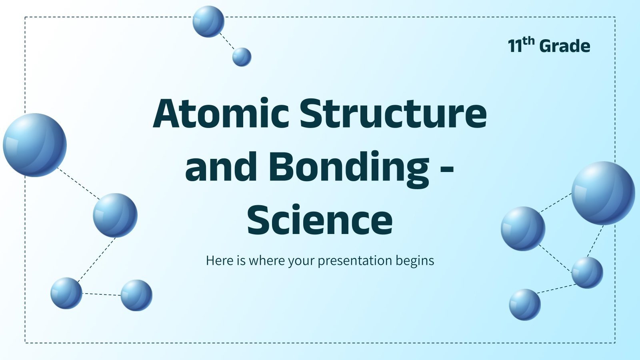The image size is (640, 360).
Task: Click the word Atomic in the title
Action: [x=221, y=114]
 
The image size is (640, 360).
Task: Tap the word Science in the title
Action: [x=320, y=220]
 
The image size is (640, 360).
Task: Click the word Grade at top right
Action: [x=564, y=46]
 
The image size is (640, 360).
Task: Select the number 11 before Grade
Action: [x=515, y=46]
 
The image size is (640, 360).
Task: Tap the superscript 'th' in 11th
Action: [x=528, y=41]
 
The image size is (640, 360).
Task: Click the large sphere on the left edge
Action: [x=35, y=145]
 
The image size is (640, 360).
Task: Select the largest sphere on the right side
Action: [x=603, y=193]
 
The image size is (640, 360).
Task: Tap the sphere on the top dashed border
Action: [x=208, y=22]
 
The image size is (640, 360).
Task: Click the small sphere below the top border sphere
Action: [x=242, y=57]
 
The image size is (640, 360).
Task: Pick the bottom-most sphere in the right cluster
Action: [x=524, y=304]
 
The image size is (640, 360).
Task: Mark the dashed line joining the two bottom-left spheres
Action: [x=102, y=294]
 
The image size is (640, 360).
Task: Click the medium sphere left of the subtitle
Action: [x=115, y=215]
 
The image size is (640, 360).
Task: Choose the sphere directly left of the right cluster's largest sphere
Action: [x=523, y=228]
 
